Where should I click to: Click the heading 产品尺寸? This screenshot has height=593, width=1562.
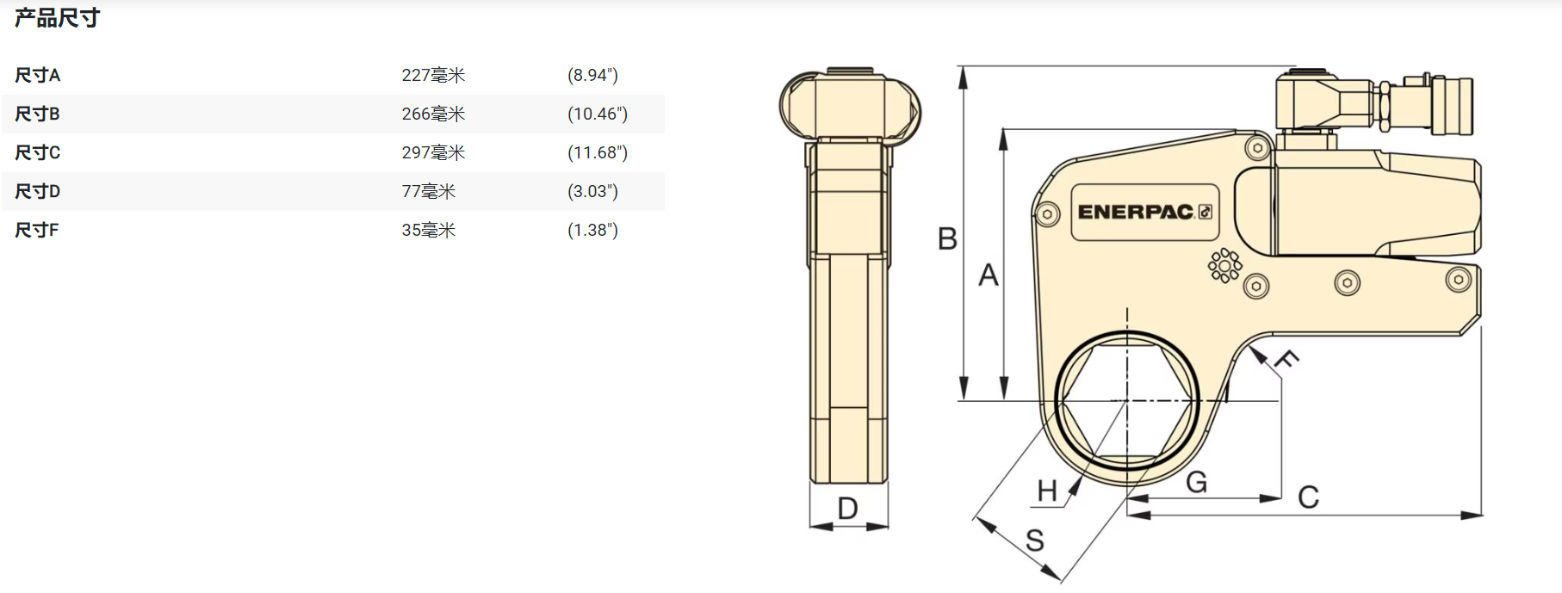click(57, 17)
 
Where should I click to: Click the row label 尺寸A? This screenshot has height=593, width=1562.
click(37, 75)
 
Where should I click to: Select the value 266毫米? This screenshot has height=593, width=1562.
click(433, 114)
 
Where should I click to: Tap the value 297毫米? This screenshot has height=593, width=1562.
click(433, 152)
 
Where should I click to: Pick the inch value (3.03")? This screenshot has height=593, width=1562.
click(592, 191)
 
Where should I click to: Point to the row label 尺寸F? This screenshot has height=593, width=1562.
click(36, 230)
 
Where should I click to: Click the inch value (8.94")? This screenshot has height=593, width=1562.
click(592, 75)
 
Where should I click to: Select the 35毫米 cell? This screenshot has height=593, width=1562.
click(428, 230)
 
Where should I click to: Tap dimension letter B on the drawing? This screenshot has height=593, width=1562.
click(947, 238)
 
